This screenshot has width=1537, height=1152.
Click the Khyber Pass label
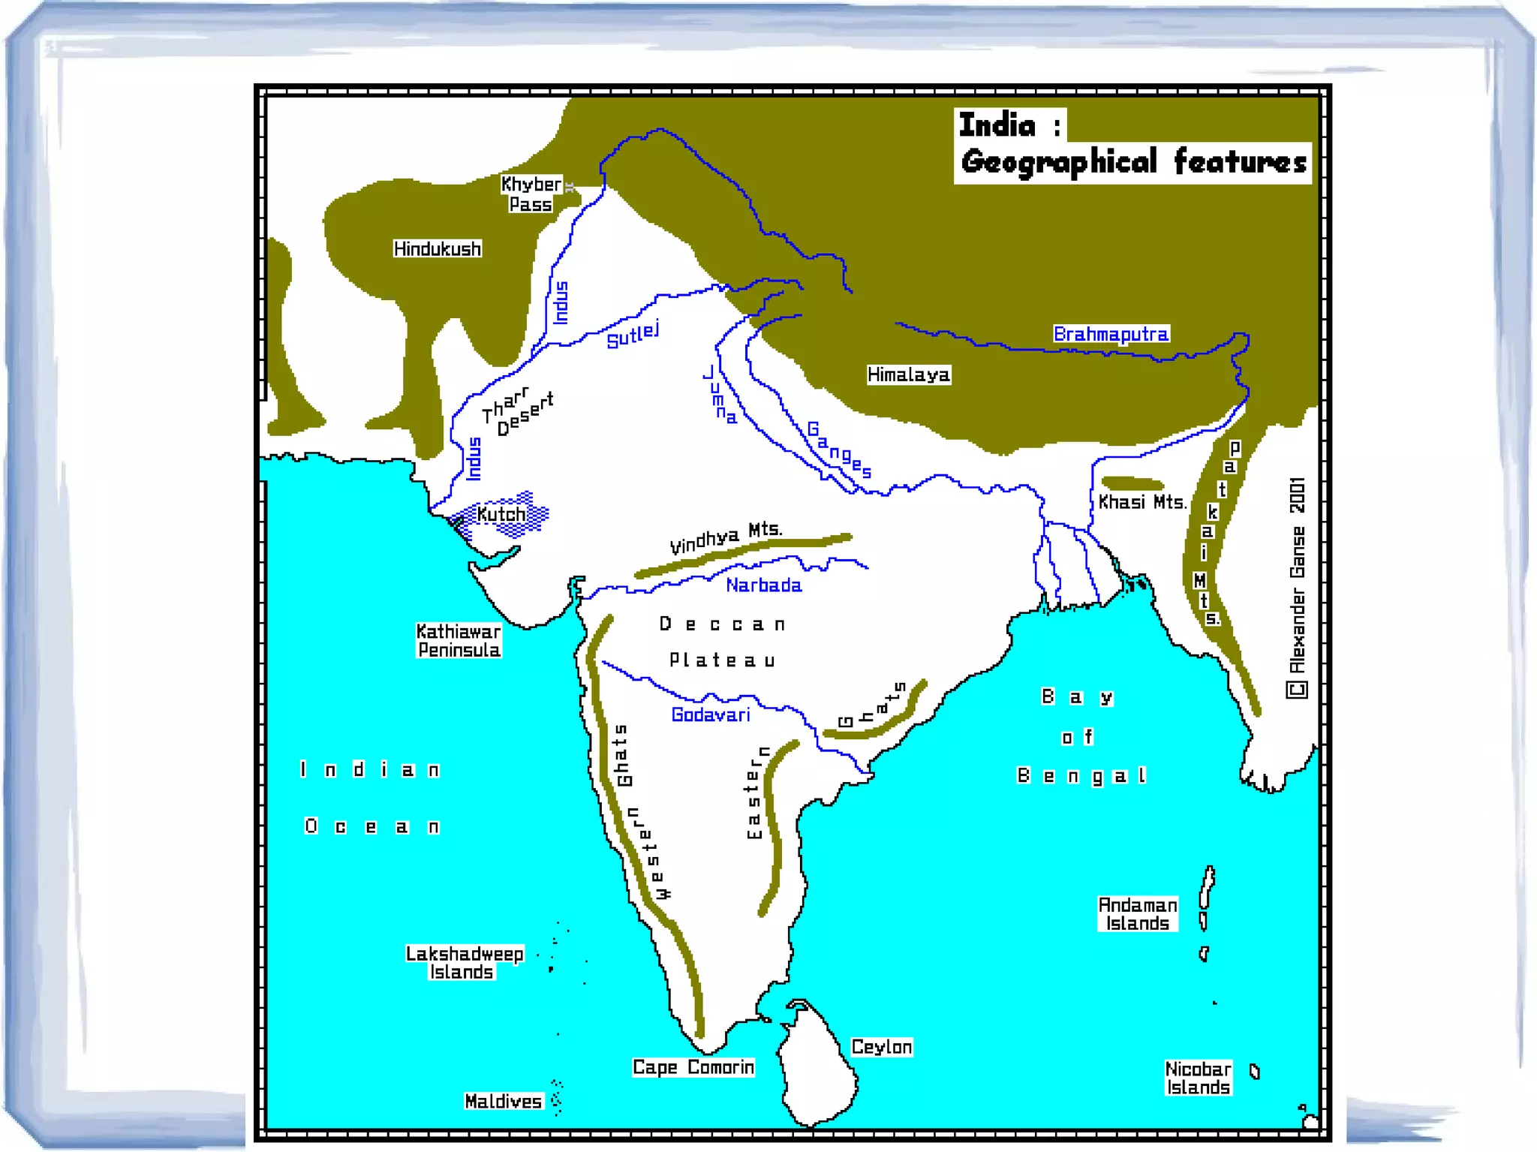click(531, 194)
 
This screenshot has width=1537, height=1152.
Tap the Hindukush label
click(437, 249)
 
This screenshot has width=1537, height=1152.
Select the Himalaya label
click(908, 374)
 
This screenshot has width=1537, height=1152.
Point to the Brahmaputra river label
click(1111, 334)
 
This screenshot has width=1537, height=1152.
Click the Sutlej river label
click(633, 335)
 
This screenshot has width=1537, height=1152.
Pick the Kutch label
click(501, 515)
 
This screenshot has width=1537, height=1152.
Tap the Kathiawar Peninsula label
click(459, 641)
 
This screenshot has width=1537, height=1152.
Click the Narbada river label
click(763, 585)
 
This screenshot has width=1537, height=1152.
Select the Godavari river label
click(710, 714)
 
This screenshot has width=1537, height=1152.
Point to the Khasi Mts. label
click(1141, 502)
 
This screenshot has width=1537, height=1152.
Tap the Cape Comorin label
click(693, 1067)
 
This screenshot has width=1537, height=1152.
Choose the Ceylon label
click(881, 1047)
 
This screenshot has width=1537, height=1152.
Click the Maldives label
click(503, 1101)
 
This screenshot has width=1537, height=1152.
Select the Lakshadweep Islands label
click(464, 963)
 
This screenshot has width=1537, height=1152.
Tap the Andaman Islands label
click(1137, 914)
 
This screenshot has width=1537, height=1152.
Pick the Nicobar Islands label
click(1198, 1078)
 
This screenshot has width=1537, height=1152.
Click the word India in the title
click(997, 125)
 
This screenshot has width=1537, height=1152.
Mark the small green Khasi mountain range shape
click(1132, 483)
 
